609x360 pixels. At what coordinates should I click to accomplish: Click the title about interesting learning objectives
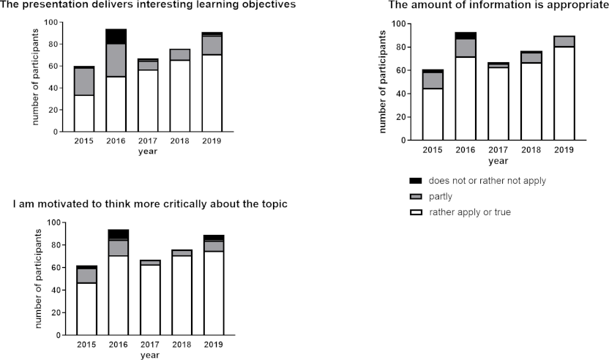(148, 5)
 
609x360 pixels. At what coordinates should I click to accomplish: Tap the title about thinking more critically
(149, 203)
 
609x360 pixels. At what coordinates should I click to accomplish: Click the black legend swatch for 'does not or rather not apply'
(415, 180)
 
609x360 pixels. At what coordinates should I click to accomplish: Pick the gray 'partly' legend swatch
(415, 196)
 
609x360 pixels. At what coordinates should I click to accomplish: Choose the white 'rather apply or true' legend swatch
(415, 212)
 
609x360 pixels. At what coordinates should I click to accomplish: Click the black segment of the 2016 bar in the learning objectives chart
(116, 37)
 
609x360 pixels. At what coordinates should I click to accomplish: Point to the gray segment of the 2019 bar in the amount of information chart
(564, 41)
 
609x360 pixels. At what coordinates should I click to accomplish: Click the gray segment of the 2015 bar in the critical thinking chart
(86, 275)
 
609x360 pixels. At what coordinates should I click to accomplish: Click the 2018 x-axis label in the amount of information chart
(532, 149)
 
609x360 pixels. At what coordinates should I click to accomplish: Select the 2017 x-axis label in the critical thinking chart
(150, 345)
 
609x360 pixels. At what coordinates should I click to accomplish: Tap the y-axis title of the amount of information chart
(383, 81)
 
